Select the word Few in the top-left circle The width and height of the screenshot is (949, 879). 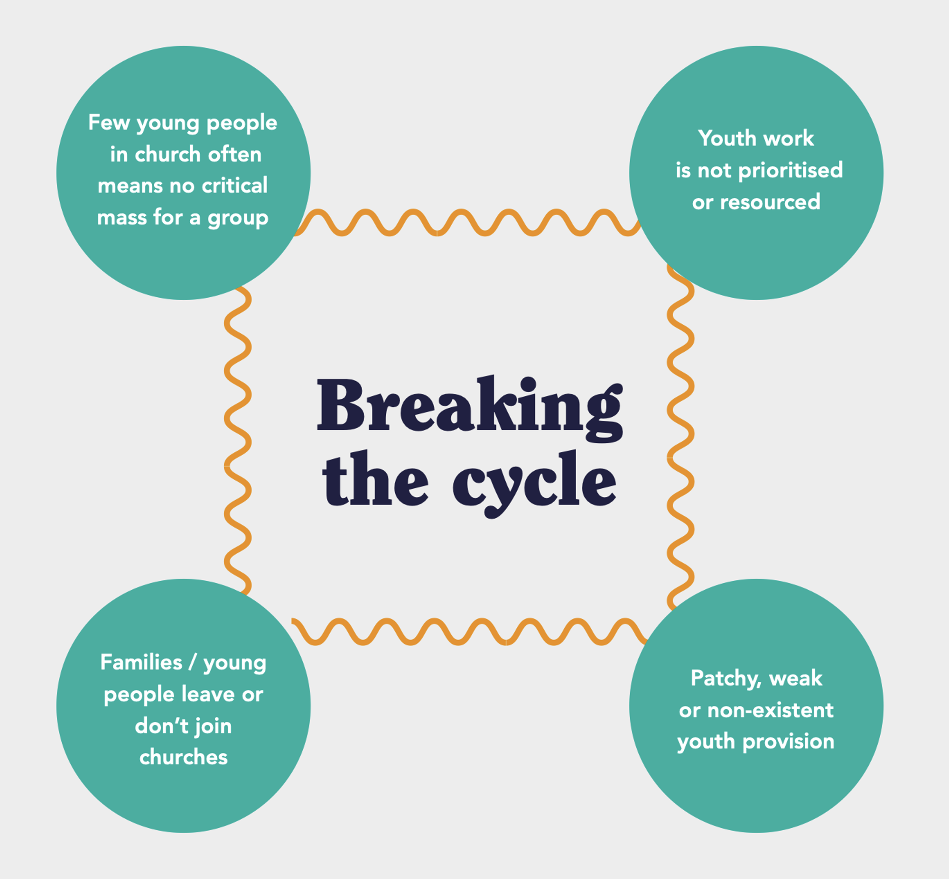109,122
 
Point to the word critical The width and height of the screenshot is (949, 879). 234,185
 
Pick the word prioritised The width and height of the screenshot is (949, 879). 790,170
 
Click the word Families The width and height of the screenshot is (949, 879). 141,663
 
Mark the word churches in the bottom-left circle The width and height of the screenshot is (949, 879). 183,757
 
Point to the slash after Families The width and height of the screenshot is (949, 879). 193,663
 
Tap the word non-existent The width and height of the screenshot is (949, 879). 770,711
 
